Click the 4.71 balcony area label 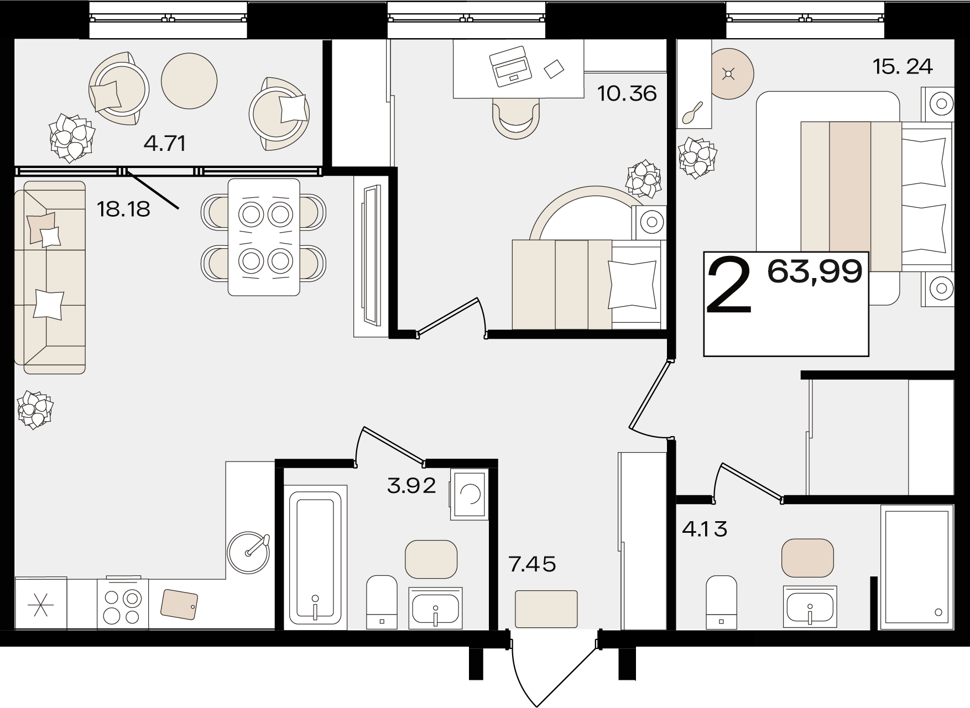pos(164,144)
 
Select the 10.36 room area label pos(627,93)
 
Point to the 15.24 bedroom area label pos(903,66)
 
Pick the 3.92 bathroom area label pos(411,486)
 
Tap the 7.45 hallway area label pos(532,564)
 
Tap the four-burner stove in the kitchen pos(123,604)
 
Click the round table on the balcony pos(189,81)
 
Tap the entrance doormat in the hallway pos(546,609)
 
